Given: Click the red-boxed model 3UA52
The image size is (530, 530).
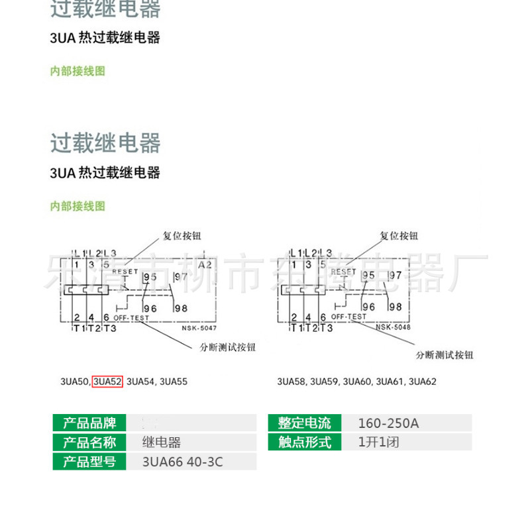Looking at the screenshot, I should tap(107, 382).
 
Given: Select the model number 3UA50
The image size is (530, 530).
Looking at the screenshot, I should tap(75, 382).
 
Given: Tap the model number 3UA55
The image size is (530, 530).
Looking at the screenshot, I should tap(174, 382).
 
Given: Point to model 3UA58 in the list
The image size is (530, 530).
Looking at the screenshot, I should tap(292, 382).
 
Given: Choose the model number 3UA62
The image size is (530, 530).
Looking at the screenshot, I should tap(422, 382).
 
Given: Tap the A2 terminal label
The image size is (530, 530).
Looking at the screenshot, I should tap(205, 264).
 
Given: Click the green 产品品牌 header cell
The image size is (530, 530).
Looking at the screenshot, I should tap(89, 423).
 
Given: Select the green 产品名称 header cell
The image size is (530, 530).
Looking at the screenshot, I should tap(89, 443).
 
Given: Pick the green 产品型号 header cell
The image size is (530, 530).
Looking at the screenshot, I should tap(89, 462).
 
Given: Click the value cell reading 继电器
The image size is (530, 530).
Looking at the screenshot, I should tap(162, 443).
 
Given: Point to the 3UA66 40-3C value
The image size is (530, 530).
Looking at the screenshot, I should tap(183, 462).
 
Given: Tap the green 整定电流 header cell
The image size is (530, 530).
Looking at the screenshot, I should tap(305, 423).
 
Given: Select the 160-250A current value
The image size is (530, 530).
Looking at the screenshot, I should tap(388, 423).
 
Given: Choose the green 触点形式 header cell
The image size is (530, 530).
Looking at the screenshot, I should tap(305, 443).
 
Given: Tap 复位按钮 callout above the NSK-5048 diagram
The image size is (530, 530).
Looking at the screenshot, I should tap(399, 236).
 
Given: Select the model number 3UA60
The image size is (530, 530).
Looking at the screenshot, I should tap(357, 382).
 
